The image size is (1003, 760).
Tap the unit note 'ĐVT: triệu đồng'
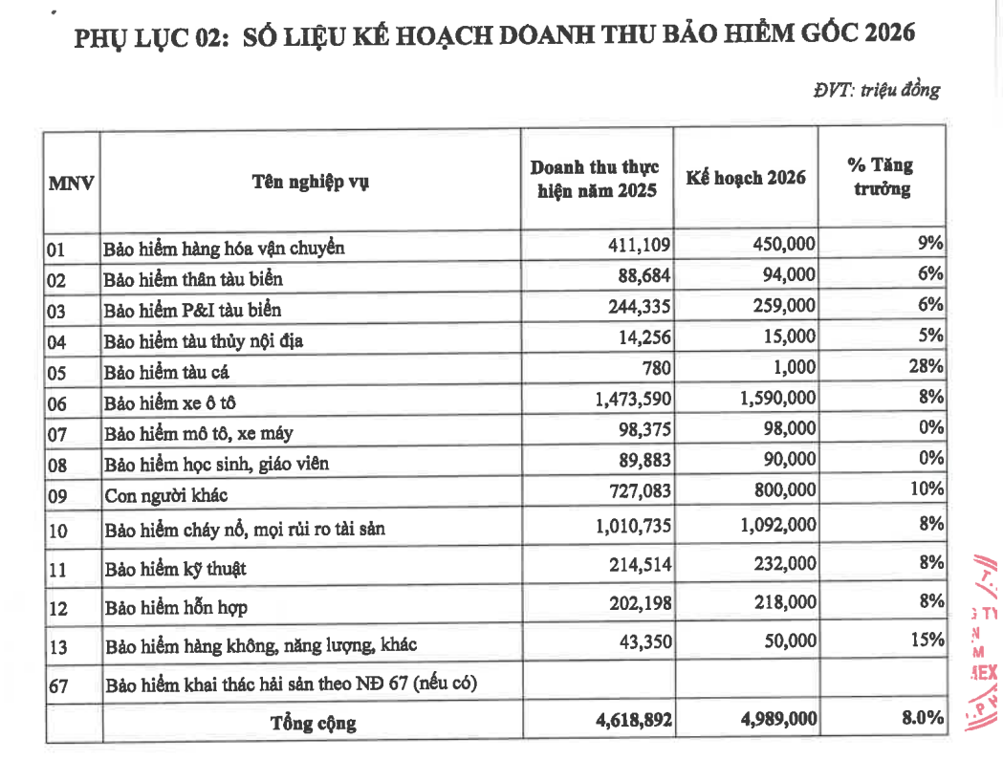click(x=877, y=90)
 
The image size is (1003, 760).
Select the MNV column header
click(x=71, y=182)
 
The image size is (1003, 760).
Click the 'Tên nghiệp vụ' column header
click(x=311, y=182)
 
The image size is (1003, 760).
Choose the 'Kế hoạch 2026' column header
click(x=746, y=178)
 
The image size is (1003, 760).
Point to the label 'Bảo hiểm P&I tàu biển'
click(x=192, y=310)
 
